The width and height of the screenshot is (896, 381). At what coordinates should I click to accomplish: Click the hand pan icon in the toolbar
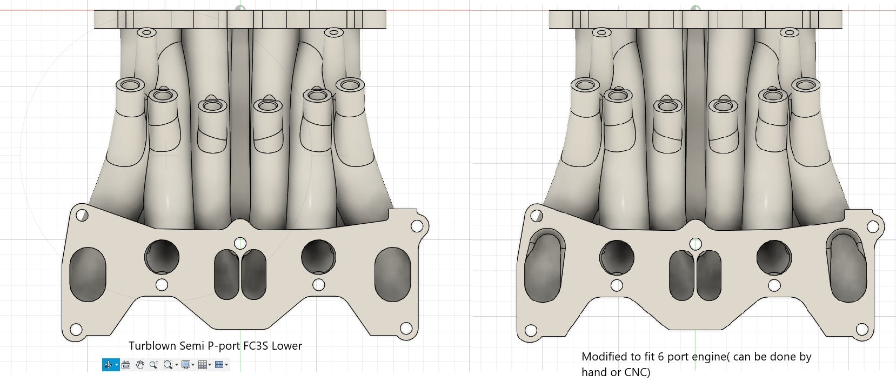(140, 365)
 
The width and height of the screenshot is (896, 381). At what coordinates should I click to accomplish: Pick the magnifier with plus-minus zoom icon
(154, 365)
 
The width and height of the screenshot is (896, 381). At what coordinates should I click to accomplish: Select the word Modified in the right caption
(603, 357)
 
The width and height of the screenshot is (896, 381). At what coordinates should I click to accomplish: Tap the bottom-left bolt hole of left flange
(76, 329)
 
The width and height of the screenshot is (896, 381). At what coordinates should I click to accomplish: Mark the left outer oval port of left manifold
(88, 274)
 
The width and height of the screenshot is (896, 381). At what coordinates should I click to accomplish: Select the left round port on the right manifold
(617, 256)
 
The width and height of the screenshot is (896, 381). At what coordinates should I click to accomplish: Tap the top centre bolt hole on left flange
(240, 243)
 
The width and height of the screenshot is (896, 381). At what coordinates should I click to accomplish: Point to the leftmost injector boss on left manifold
(130, 85)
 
